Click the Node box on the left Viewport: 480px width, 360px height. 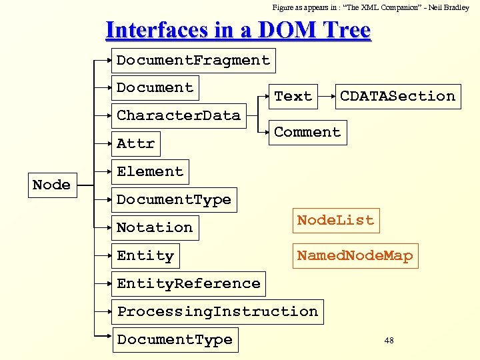pos(51,185)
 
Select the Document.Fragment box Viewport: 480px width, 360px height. pos(193,60)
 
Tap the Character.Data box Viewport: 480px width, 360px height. pos(178,115)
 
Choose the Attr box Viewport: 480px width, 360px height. pos(135,143)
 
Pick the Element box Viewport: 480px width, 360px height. pos(150,171)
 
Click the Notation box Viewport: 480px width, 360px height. pos(155,227)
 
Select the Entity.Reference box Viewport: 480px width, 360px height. pos(189,283)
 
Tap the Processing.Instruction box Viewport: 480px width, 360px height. pos(217,311)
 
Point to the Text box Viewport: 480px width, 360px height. pos(293,96)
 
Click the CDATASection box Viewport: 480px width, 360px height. pos(397,96)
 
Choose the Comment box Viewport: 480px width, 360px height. pos(307,132)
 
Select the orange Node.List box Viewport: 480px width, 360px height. pos(335,220)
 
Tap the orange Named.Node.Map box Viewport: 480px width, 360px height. pos(355,255)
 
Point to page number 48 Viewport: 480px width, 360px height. pos(389,341)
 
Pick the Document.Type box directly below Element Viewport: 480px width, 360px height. pos(174,199)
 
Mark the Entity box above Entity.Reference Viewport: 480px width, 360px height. pos(145,255)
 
